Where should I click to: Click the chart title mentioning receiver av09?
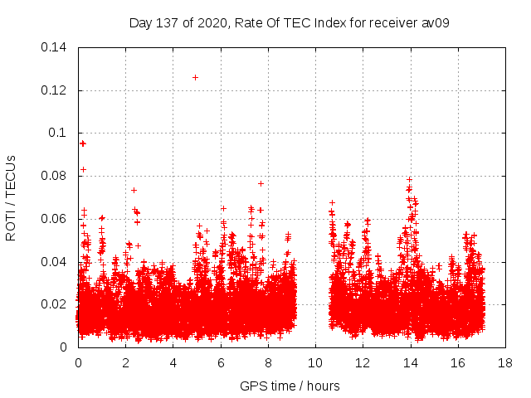coord(290,22)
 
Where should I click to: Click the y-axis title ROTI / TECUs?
coord(11,197)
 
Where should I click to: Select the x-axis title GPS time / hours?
coord(290,386)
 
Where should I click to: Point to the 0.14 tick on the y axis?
coord(55,47)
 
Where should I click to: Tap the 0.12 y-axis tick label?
coord(55,90)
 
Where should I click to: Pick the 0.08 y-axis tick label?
coord(55,176)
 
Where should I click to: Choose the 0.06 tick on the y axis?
coord(55,219)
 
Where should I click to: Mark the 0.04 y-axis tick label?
coord(55,262)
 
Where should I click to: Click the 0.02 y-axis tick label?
coord(55,304)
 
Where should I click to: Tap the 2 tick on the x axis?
coord(125,363)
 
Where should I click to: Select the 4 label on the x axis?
coord(173,363)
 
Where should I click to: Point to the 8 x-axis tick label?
coord(268,363)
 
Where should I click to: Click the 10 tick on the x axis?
coord(315,363)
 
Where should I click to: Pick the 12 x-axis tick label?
coord(363,363)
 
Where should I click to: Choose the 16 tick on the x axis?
coord(458,363)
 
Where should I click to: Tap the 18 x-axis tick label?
coord(505,363)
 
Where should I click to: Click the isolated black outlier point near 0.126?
coord(195,77)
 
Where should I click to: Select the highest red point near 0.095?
coord(82,143)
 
